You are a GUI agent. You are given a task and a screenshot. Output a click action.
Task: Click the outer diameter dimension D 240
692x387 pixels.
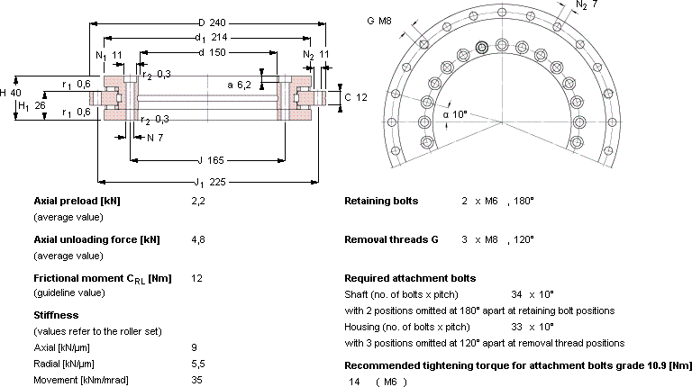pyautogui.click(x=212, y=22)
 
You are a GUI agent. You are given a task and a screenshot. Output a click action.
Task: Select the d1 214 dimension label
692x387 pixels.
pyautogui.click(x=212, y=38)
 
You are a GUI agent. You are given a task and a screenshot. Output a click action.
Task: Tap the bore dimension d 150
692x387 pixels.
pyautogui.click(x=212, y=52)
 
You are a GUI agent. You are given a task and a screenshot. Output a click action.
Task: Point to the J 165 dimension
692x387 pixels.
pyautogui.click(x=211, y=160)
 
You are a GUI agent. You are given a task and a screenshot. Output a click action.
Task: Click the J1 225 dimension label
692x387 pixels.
pyautogui.click(x=210, y=182)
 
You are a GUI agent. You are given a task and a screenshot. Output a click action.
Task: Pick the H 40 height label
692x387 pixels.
pyautogui.click(x=10, y=93)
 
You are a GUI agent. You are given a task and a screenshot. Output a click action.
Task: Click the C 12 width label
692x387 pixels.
pyautogui.click(x=356, y=97)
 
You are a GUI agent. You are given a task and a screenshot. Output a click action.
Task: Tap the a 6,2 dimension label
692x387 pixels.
pyautogui.click(x=239, y=85)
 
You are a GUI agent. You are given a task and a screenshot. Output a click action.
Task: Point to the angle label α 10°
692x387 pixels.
pyautogui.click(x=455, y=114)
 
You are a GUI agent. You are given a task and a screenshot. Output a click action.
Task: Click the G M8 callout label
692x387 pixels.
pyautogui.click(x=379, y=21)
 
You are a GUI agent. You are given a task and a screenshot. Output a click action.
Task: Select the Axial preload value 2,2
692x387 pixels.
pyautogui.click(x=198, y=202)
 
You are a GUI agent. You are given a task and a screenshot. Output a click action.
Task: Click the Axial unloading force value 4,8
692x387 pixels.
pyautogui.click(x=198, y=240)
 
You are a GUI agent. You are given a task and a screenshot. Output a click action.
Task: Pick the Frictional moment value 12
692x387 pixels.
pyautogui.click(x=196, y=278)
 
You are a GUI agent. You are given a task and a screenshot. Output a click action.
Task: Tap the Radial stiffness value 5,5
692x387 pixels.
pyautogui.click(x=198, y=364)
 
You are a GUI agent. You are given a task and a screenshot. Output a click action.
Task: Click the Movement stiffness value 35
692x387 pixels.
pyautogui.click(x=196, y=380)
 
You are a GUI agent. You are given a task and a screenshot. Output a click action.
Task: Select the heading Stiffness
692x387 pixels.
pyautogui.click(x=56, y=315)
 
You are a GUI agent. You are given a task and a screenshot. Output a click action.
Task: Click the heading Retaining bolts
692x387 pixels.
pyautogui.click(x=381, y=201)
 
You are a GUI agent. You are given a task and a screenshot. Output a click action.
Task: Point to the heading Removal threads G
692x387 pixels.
pyautogui.click(x=391, y=239)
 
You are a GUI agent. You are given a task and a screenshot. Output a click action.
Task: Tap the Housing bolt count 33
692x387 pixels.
pyautogui.click(x=517, y=327)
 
